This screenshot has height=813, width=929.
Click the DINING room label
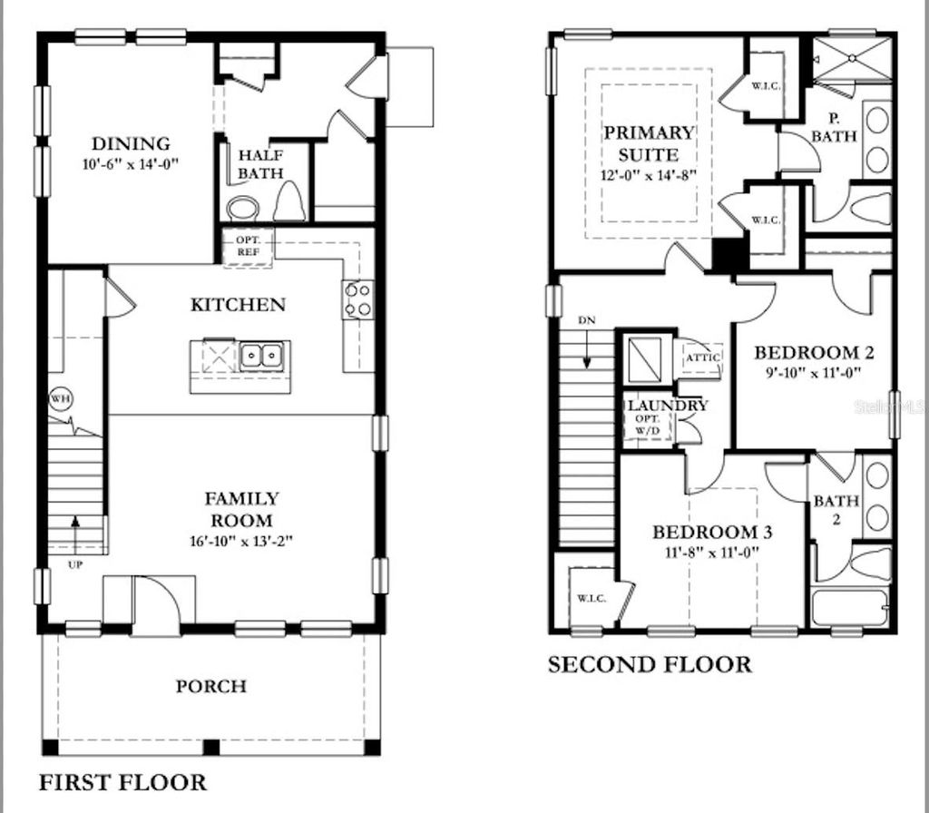pos(131,143)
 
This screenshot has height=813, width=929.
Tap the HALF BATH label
pos(260,164)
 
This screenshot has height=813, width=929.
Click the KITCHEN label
pos(238,305)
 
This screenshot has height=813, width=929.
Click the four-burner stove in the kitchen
pos(357,300)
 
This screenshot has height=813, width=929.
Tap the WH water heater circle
pos(61,400)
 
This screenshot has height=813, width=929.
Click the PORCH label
pos(210,686)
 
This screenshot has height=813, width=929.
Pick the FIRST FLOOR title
pos(122,781)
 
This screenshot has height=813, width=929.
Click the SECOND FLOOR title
pos(650,665)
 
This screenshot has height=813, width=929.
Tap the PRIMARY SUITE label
pos(649,142)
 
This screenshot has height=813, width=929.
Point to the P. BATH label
pos(834,128)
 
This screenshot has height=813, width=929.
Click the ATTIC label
pos(702,358)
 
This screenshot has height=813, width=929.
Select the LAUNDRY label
pos(666,406)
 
